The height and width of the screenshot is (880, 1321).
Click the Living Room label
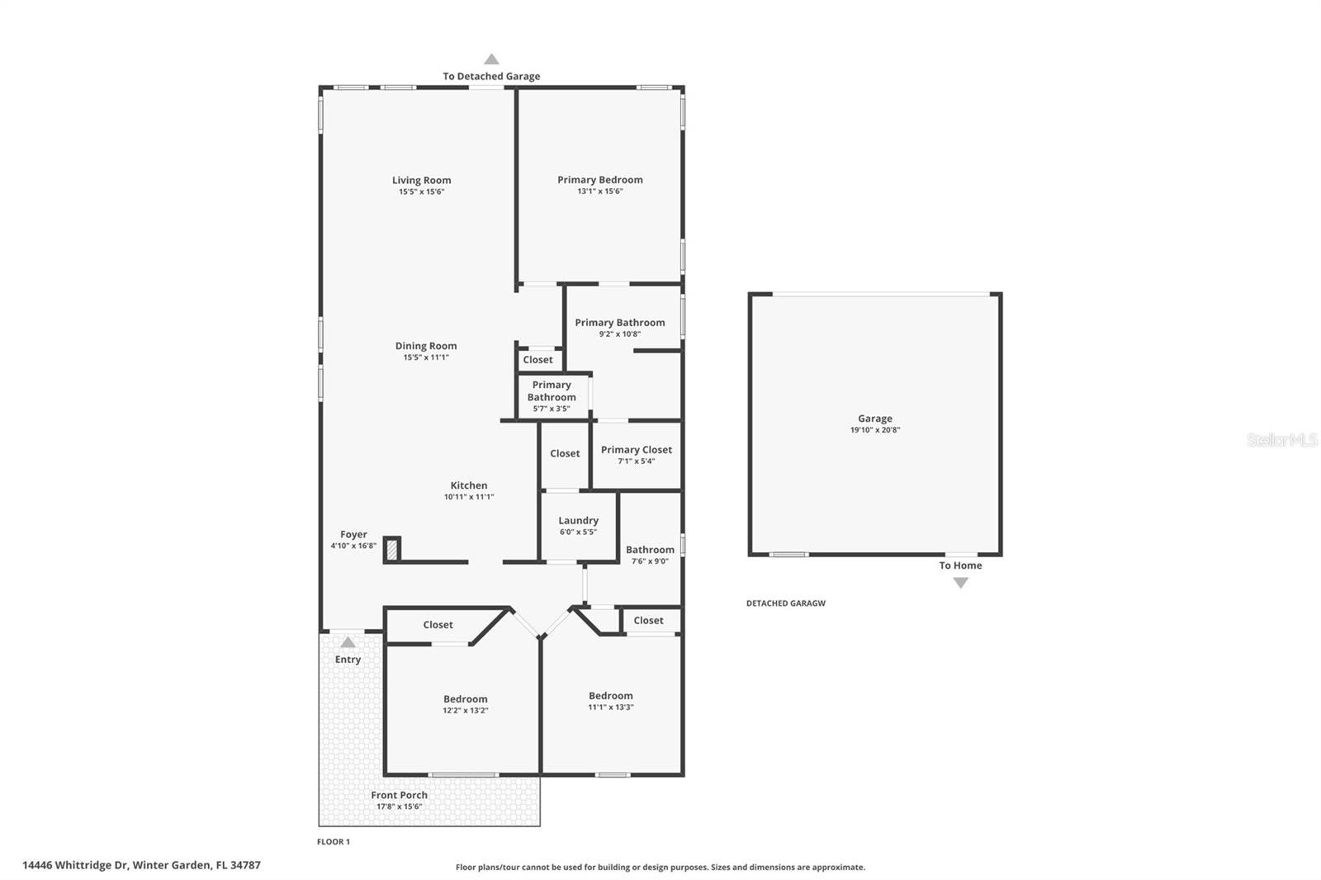click(421, 180)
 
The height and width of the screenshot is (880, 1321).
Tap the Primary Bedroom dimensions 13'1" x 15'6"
click(599, 192)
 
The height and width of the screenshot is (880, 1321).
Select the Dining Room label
click(425, 346)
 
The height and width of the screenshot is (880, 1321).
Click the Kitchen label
click(468, 485)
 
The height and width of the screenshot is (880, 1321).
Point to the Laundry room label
click(578, 520)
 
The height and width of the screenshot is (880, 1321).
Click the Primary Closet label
click(636, 450)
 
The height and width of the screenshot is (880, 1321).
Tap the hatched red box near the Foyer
click(393, 549)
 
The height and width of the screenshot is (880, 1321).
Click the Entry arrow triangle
click(348, 642)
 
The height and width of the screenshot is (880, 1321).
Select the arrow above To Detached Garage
click(491, 59)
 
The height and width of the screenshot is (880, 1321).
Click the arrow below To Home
click(960, 583)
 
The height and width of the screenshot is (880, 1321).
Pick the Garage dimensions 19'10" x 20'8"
click(874, 430)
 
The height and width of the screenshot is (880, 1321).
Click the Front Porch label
click(399, 795)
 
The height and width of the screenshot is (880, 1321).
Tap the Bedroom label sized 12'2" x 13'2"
click(465, 699)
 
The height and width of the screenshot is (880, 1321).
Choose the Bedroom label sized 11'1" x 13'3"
click(610, 696)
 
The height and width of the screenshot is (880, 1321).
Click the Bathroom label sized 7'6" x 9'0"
click(650, 550)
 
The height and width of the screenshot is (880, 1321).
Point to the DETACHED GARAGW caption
click(785, 603)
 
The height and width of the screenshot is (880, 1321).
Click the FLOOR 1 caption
click(334, 842)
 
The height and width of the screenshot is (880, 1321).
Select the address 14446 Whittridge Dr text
click(141, 865)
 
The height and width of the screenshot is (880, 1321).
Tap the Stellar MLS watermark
click(1281, 440)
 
